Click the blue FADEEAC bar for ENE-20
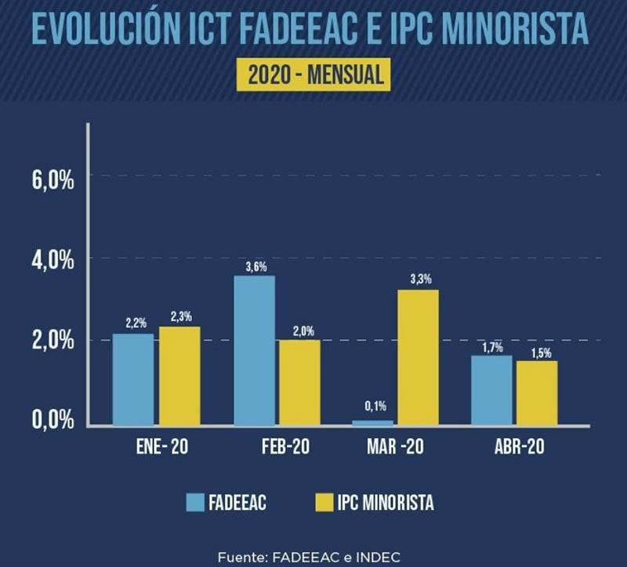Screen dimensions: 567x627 132,379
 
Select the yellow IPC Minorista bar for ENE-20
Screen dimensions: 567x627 179,376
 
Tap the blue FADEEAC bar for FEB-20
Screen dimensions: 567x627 255,350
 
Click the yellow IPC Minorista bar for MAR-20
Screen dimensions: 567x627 418,357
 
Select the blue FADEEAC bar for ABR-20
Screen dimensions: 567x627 491,390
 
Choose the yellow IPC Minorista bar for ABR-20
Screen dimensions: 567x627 537,392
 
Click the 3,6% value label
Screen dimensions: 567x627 256,267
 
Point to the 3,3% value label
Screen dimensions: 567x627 419,280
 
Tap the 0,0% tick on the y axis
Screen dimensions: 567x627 53,421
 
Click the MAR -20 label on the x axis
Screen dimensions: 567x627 395,448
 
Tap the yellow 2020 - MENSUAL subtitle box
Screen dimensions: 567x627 313,74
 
